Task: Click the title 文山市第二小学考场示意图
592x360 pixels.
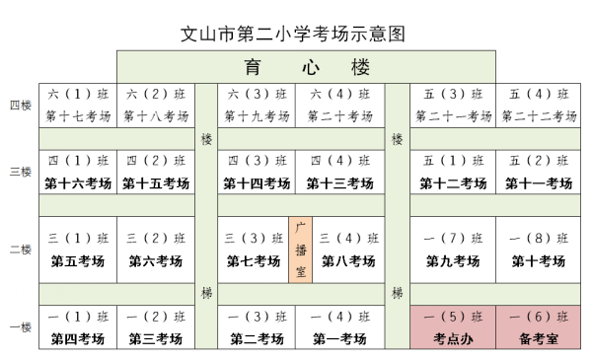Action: point(294,33)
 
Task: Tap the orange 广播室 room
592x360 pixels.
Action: point(301,250)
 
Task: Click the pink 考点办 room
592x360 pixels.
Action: point(453,338)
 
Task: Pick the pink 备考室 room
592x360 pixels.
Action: point(538,338)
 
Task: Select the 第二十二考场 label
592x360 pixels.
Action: point(538,116)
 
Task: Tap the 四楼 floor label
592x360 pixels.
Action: point(20,105)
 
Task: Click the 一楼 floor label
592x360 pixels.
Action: point(20,326)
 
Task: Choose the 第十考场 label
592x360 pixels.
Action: point(538,261)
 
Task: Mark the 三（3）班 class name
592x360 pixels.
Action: point(254,238)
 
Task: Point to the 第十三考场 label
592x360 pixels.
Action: point(338,183)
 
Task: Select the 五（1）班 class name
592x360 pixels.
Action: point(453,161)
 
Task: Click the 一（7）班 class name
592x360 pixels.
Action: point(453,238)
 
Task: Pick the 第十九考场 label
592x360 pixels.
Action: point(254,116)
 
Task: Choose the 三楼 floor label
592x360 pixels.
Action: point(20,172)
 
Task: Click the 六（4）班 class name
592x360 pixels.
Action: point(338,95)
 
